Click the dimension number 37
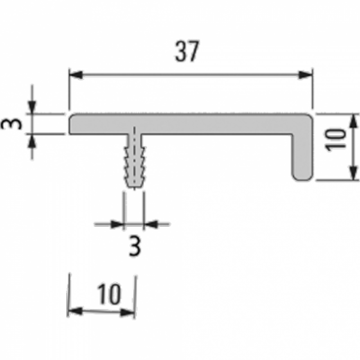click(187, 51)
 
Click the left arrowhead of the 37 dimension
click(76, 75)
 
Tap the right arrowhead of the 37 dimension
click(306, 75)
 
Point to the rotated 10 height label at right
click(335, 140)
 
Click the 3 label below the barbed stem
click(135, 246)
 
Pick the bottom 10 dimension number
click(109, 294)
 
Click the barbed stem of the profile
click(134, 161)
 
